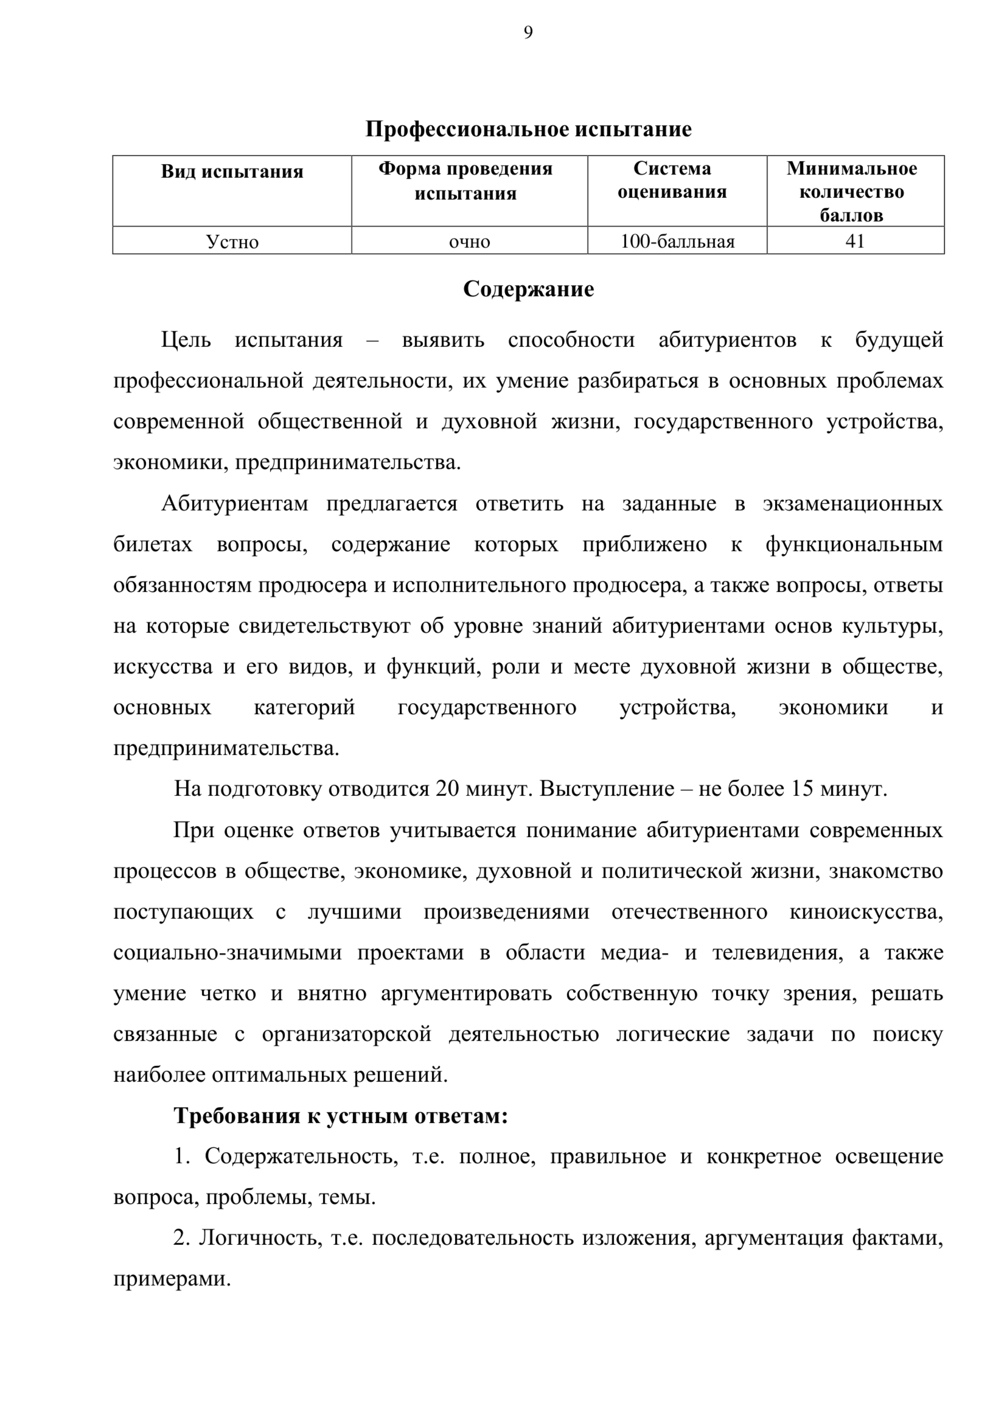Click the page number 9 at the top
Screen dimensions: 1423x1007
pos(528,32)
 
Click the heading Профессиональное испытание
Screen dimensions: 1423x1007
pos(528,129)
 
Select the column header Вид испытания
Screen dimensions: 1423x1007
pos(232,171)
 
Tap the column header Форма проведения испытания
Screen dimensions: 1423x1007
pos(465,180)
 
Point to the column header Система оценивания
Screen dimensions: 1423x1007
pos(671,180)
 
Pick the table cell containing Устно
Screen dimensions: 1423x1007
pos(232,241)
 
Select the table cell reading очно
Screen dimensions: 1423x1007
pos(469,241)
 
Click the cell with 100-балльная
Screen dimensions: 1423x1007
pos(677,241)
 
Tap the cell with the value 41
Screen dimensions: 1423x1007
pos(855,241)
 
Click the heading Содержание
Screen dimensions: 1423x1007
pos(528,289)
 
